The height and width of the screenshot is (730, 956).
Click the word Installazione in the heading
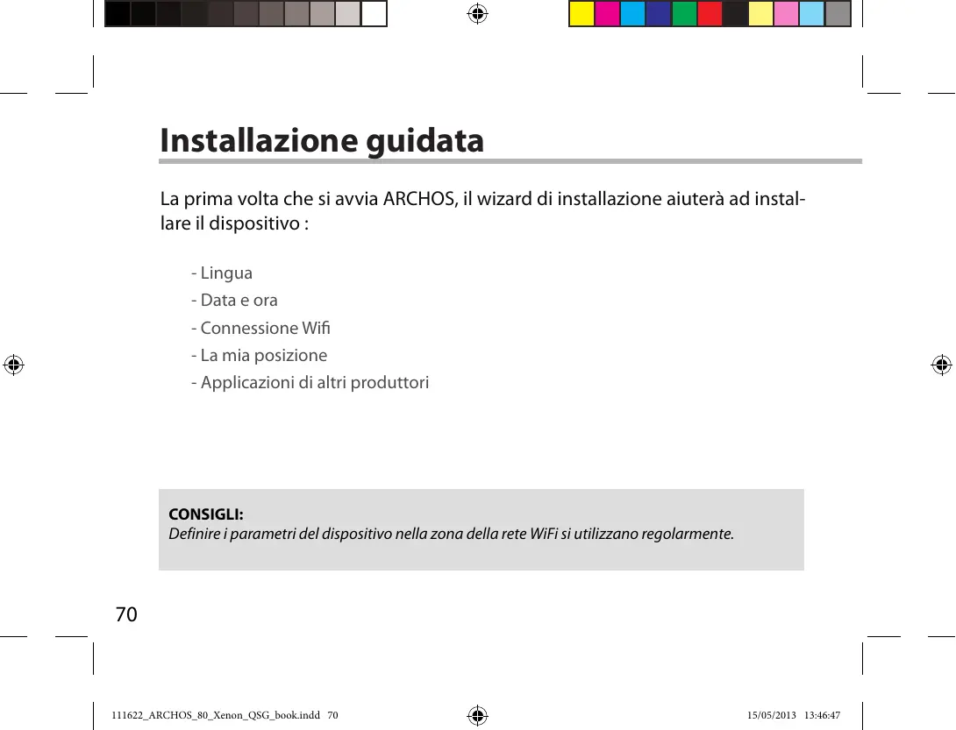tap(256, 140)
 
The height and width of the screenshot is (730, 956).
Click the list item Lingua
tap(226, 273)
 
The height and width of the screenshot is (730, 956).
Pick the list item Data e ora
tap(239, 301)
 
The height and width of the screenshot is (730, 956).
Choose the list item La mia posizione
tap(263, 356)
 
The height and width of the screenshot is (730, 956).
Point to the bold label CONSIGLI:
tap(205, 514)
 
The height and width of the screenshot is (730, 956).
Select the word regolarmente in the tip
tap(687, 535)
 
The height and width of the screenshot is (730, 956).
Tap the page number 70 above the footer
tap(126, 614)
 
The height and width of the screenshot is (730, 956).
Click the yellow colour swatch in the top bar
tap(581, 14)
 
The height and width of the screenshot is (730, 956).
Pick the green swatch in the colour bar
tap(684, 14)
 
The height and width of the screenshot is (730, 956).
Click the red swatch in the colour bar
tap(710, 14)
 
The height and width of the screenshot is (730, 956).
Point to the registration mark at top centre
tap(478, 14)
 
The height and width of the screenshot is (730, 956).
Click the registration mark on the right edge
tap(941, 365)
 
